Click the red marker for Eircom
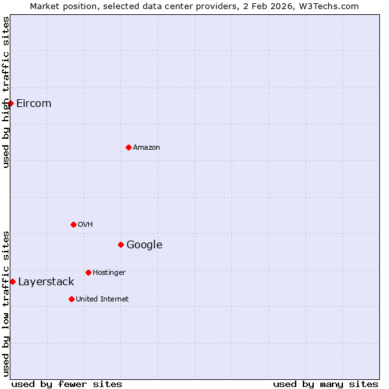pos(10,103)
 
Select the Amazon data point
pos(128,147)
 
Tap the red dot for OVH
pos(73,224)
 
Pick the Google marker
pos(121,244)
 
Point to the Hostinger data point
pos(88,272)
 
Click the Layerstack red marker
pos(12,281)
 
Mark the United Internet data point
pos(71,299)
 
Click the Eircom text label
pos(34,104)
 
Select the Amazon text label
pos(147,148)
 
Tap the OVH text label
pos(86,225)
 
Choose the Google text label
pos(145,245)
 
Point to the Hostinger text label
pos(109,273)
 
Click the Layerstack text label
pos(46,282)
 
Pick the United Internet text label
pos(102,300)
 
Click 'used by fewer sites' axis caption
pos(67,384)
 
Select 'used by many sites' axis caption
pos(325,384)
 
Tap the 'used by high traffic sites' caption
pos(6,92)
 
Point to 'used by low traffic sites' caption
pos(6,303)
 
